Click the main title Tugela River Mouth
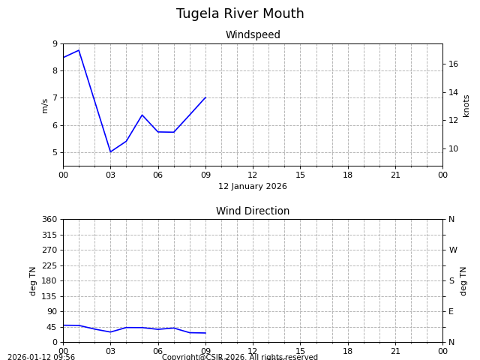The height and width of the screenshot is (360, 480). (x=240, y=14)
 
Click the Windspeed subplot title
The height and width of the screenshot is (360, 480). (x=253, y=35)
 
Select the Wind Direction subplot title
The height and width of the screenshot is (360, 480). (x=253, y=211)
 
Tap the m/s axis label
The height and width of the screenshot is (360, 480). (x=45, y=105)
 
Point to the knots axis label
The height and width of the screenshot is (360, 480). (x=466, y=105)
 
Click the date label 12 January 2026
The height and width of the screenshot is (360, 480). (x=253, y=187)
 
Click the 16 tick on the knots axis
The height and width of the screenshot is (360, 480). (x=453, y=64)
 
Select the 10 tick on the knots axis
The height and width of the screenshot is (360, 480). (x=453, y=148)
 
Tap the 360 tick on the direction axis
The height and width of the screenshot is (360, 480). (x=50, y=219)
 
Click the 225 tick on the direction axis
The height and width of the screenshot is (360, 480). (x=50, y=265)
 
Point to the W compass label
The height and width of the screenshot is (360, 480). (x=453, y=250)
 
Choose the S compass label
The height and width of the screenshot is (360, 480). (x=451, y=280)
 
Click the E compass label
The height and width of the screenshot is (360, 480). (x=451, y=311)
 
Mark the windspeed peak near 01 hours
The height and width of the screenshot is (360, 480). (x=79, y=50)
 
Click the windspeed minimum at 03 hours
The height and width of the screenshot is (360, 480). (x=110, y=152)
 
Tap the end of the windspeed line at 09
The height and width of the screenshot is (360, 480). (x=205, y=97)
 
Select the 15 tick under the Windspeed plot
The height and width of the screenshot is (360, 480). (x=300, y=175)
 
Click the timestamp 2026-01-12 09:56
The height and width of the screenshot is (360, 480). (x=41, y=357)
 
